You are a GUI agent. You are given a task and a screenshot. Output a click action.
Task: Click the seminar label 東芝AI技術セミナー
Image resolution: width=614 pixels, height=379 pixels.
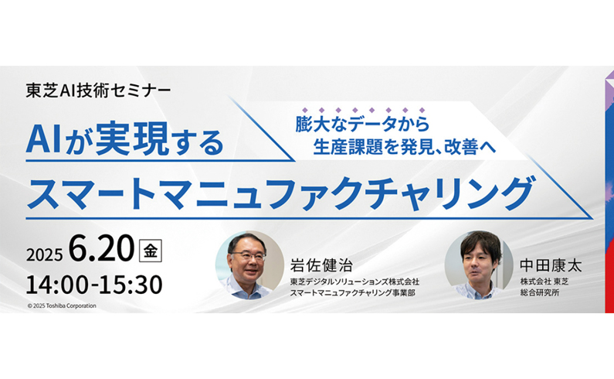(x=98, y=91)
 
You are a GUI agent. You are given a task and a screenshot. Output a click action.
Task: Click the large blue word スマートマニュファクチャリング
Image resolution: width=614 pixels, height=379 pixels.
(x=281, y=193)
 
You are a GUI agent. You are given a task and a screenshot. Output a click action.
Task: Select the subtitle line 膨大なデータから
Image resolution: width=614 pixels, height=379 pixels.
(x=362, y=125)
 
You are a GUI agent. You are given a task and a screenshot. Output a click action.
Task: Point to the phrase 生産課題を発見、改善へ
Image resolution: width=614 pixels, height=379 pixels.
(x=405, y=148)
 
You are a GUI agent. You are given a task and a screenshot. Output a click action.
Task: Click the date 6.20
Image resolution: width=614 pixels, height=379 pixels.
(x=101, y=249)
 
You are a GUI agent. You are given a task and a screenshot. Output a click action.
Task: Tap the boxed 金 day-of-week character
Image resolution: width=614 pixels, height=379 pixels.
(x=151, y=251)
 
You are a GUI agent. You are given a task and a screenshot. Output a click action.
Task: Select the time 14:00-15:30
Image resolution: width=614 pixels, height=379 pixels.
(x=94, y=285)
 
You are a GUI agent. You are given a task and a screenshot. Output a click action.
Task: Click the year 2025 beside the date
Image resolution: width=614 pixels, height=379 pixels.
(x=44, y=255)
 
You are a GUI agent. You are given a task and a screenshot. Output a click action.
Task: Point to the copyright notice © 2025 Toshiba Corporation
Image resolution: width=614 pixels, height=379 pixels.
(x=62, y=306)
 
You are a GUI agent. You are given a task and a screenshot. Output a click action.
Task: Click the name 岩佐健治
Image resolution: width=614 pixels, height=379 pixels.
(x=321, y=265)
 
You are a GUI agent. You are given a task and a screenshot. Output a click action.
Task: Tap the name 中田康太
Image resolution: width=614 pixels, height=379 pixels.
(x=551, y=265)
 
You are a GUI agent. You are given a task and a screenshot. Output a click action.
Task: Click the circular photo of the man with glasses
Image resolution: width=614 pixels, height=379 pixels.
(x=249, y=265)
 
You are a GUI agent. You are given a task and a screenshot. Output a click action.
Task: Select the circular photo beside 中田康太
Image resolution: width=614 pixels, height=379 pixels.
(x=479, y=265)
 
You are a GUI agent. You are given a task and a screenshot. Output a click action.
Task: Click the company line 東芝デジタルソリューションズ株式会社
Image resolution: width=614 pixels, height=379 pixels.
(x=354, y=282)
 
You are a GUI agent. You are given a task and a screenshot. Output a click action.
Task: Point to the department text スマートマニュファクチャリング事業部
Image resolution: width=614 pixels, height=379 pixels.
(x=352, y=292)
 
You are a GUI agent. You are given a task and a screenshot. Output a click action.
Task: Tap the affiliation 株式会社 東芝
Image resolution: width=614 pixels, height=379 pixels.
(x=544, y=282)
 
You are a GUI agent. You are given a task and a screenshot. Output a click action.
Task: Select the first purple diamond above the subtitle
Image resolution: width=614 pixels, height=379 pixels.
(x=304, y=111)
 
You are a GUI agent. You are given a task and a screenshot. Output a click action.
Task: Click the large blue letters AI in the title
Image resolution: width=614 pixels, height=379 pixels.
(x=43, y=141)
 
